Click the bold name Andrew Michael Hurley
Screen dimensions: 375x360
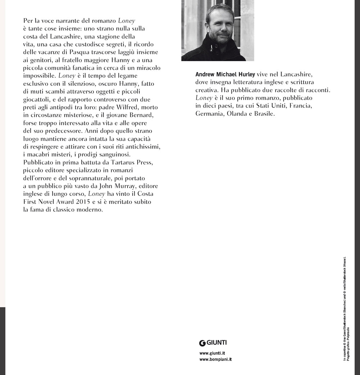point(225,74)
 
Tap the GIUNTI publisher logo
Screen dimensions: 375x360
point(213,343)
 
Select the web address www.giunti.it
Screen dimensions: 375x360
point(212,353)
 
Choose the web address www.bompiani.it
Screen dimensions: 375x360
point(215,360)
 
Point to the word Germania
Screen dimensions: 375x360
point(210,113)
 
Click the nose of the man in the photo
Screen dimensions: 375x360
point(219,28)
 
